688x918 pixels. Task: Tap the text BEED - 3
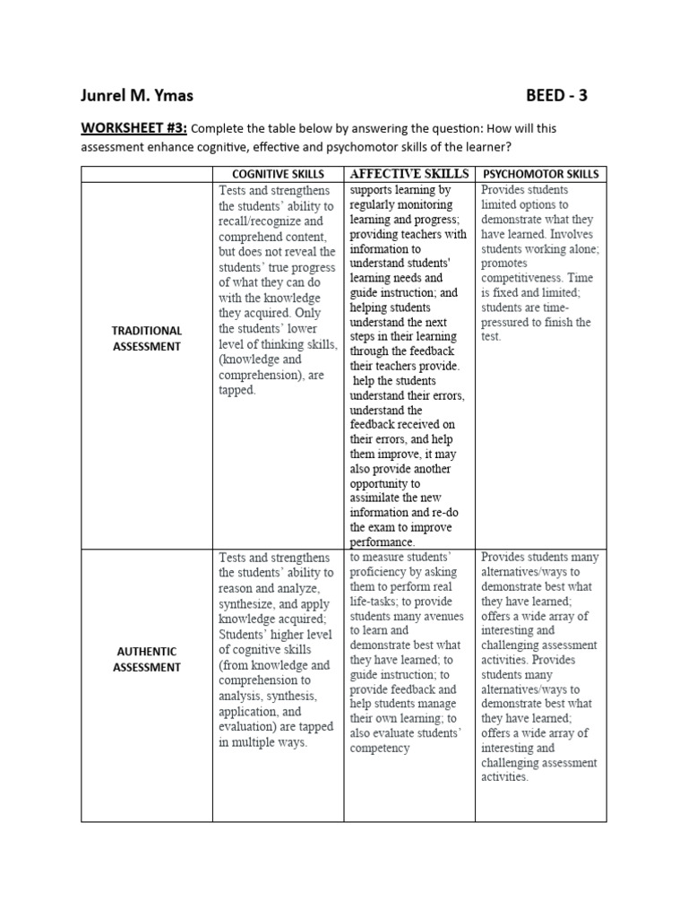[557, 95]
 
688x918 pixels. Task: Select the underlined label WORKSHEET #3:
[133, 128]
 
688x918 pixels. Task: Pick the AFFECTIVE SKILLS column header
[409, 173]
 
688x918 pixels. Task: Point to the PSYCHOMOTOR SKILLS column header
[540, 173]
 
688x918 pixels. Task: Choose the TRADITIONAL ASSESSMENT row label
[147, 338]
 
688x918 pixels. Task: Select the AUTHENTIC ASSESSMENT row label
[147, 659]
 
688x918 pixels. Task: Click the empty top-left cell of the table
[147, 173]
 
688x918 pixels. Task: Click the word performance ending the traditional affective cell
[383, 542]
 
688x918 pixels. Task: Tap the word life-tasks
[380, 602]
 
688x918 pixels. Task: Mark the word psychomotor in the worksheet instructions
[383, 147]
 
